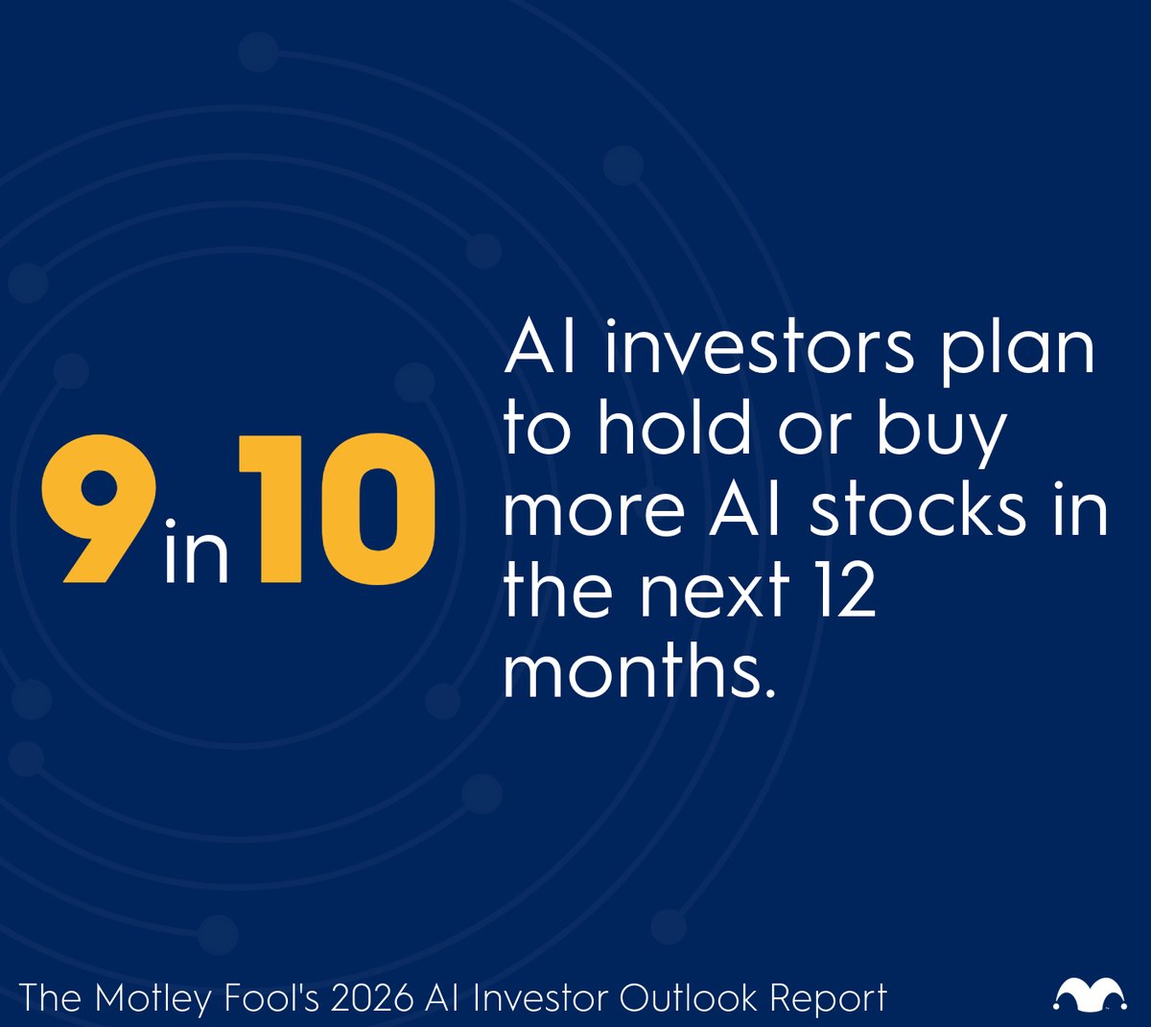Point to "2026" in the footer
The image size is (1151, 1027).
pyautogui.click(x=362, y=998)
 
